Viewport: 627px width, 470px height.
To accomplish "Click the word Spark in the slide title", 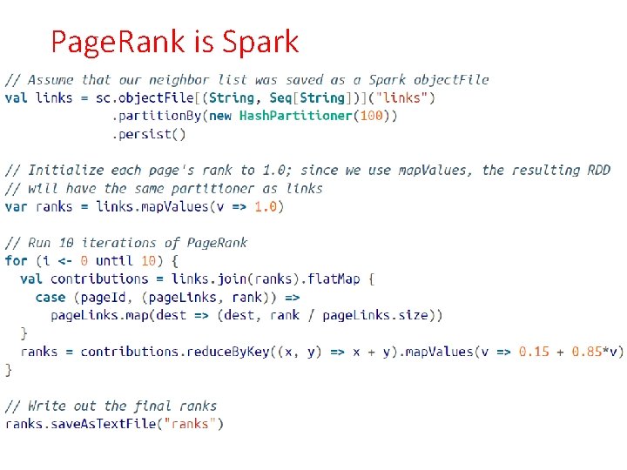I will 260,41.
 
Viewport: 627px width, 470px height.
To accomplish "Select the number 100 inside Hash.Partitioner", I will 372,116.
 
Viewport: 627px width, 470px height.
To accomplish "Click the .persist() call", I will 149,134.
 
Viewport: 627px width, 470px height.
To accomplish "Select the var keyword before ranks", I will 16,206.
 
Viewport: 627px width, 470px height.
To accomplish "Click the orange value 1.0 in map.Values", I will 266,206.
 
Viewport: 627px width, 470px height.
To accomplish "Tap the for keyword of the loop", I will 16,260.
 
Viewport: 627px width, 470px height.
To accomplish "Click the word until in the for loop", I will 115,260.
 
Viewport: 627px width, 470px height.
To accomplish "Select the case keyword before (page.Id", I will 51,297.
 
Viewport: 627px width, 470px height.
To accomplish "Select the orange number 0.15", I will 534,352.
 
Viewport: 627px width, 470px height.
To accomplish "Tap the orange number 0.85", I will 587,352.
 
